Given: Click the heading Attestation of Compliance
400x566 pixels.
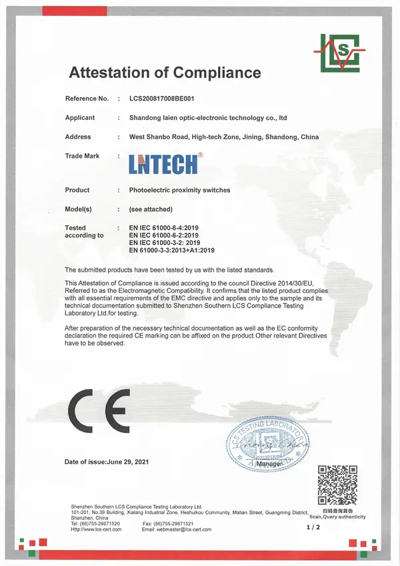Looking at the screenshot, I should [x=165, y=73].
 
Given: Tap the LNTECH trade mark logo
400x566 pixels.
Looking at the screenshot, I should [x=164, y=162].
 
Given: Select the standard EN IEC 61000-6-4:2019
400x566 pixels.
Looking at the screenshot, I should [x=163, y=228].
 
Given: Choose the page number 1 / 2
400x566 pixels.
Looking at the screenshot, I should [x=313, y=527].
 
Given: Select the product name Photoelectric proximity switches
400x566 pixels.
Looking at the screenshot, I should [x=179, y=190].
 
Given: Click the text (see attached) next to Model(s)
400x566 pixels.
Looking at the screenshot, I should [x=150, y=209].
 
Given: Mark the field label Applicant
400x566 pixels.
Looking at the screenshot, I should [x=80, y=118].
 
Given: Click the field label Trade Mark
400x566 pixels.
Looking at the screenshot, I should [x=82, y=156].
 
